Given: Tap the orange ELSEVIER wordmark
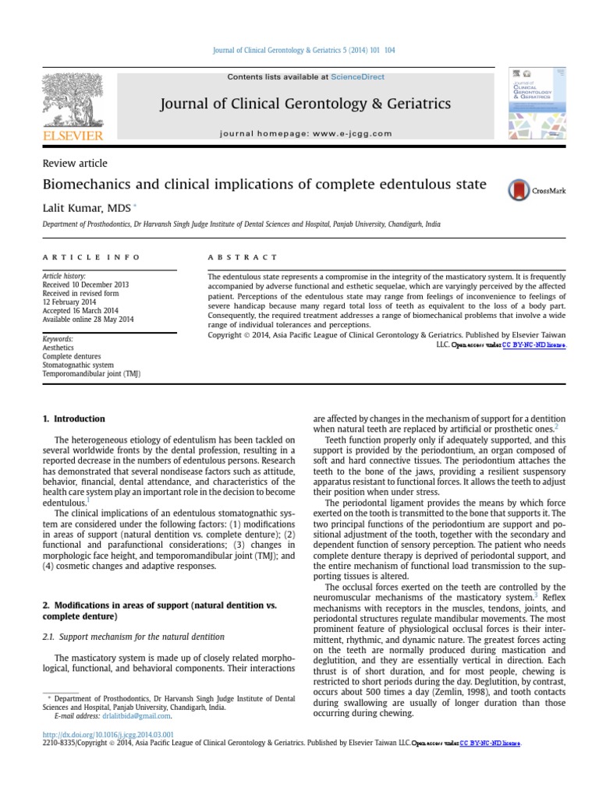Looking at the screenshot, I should pos(73,136).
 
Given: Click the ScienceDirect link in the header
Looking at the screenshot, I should pos(357,77).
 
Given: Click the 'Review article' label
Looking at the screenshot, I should pos(75,164).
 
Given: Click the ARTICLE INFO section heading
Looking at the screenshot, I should pos(91,256).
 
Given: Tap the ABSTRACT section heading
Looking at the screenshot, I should pos(242,256).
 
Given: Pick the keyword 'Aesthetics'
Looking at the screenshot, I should pos(59,348).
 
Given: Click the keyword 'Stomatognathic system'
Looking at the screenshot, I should pos(77,365).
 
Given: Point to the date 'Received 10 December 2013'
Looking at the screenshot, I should pos(85,285).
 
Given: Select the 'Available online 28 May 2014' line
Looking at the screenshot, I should pos(88,320).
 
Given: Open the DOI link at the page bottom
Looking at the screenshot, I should pos(108,734).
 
